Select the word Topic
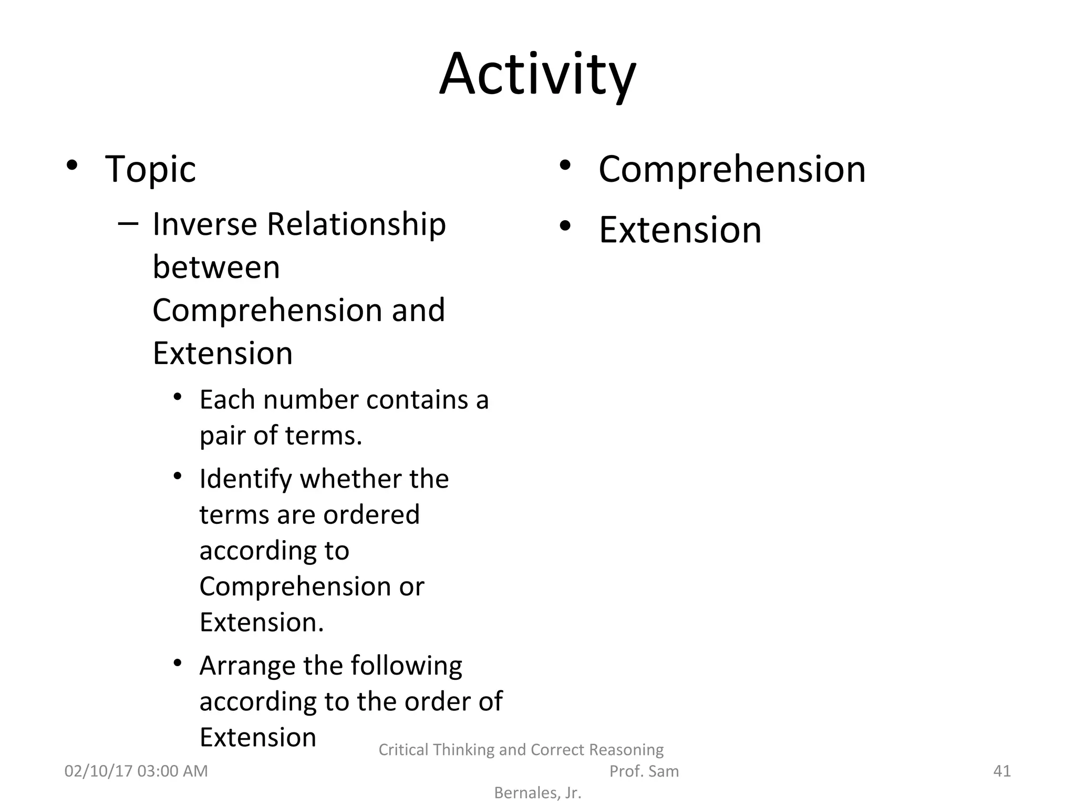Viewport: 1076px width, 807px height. click(x=150, y=169)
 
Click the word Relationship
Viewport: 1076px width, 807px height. click(x=357, y=224)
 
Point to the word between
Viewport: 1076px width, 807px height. click(x=216, y=267)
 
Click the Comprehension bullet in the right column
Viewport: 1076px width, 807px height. click(x=732, y=169)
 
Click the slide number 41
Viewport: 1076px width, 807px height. click(x=1002, y=771)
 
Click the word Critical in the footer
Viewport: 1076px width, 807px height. click(x=403, y=749)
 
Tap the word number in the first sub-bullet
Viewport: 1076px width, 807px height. click(x=312, y=400)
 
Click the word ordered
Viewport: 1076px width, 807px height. click(x=371, y=514)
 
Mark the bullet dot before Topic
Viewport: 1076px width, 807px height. click(x=72, y=165)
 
